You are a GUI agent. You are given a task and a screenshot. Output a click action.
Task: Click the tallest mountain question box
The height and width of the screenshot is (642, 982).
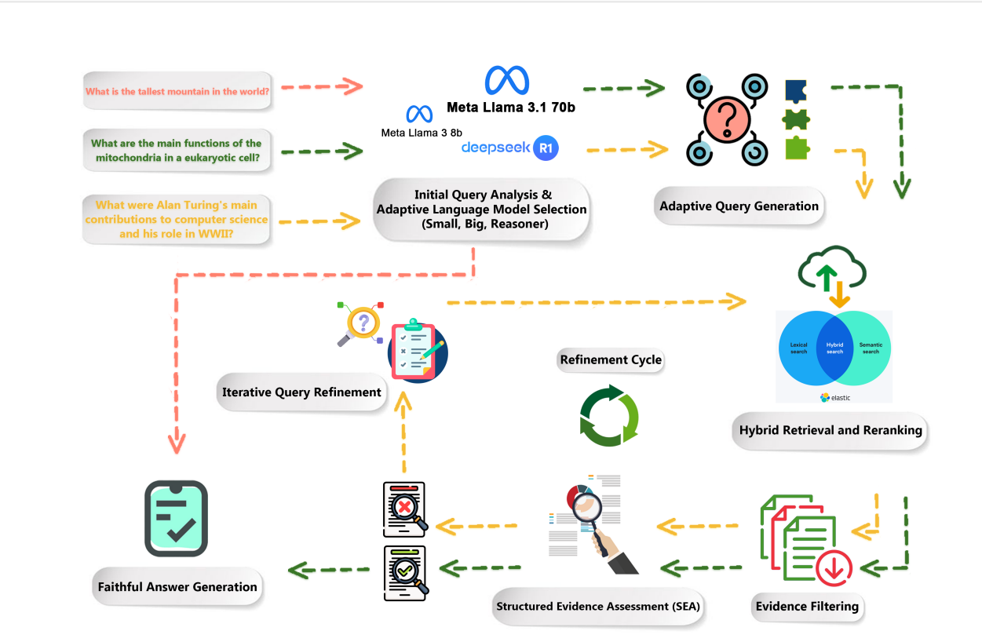(178, 92)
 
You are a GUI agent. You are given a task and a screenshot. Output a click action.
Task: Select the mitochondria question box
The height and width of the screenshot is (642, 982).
(177, 150)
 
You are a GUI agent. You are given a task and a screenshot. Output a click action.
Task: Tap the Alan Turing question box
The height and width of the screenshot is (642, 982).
(177, 220)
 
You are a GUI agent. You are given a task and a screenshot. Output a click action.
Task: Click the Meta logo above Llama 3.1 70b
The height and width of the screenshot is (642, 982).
(507, 81)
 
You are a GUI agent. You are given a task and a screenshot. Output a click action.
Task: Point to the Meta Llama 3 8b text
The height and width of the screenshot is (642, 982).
(420, 133)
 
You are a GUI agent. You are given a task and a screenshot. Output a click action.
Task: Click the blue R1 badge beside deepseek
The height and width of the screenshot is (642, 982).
(546, 148)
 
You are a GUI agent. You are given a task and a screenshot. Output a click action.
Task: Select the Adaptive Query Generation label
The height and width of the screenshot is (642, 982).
(739, 206)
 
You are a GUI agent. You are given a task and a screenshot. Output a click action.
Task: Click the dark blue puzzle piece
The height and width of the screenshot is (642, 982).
(796, 90)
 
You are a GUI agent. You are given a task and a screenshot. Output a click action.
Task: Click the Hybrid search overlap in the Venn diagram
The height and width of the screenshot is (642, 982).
(834, 348)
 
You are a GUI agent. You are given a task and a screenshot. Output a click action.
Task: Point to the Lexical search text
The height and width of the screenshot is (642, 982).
(798, 348)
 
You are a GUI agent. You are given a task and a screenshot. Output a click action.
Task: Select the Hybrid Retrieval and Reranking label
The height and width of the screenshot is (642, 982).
(831, 430)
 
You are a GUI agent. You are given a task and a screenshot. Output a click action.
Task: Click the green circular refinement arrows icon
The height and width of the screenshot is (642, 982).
(609, 415)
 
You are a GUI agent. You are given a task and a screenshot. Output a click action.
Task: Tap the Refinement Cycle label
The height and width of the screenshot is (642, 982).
(611, 360)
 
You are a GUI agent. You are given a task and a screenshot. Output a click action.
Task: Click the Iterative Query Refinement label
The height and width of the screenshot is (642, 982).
(301, 392)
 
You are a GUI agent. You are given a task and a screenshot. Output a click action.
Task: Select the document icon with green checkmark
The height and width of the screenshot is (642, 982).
(404, 573)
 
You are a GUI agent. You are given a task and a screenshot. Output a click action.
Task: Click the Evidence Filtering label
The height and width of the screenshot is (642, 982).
(806, 606)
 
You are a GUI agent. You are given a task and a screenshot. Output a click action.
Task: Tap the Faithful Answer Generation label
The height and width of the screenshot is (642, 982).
(177, 586)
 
